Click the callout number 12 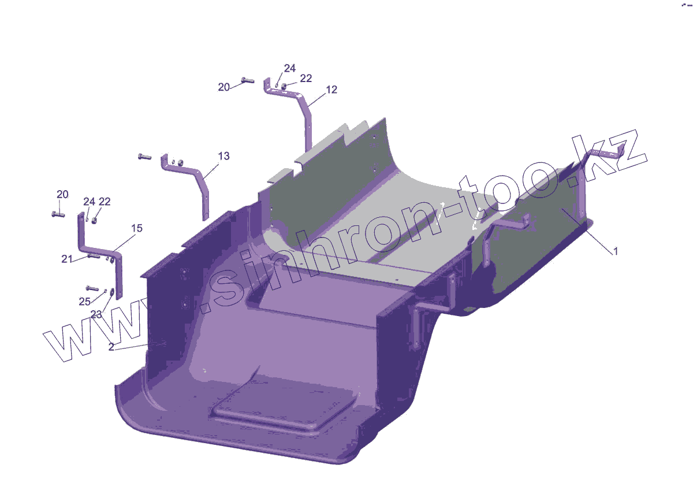331,90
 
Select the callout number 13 223,156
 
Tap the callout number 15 137,228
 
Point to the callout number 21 67,259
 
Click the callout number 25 84,302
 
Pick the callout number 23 96,314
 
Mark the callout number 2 111,347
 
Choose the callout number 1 616,251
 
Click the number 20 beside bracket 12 223,87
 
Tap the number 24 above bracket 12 289,68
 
